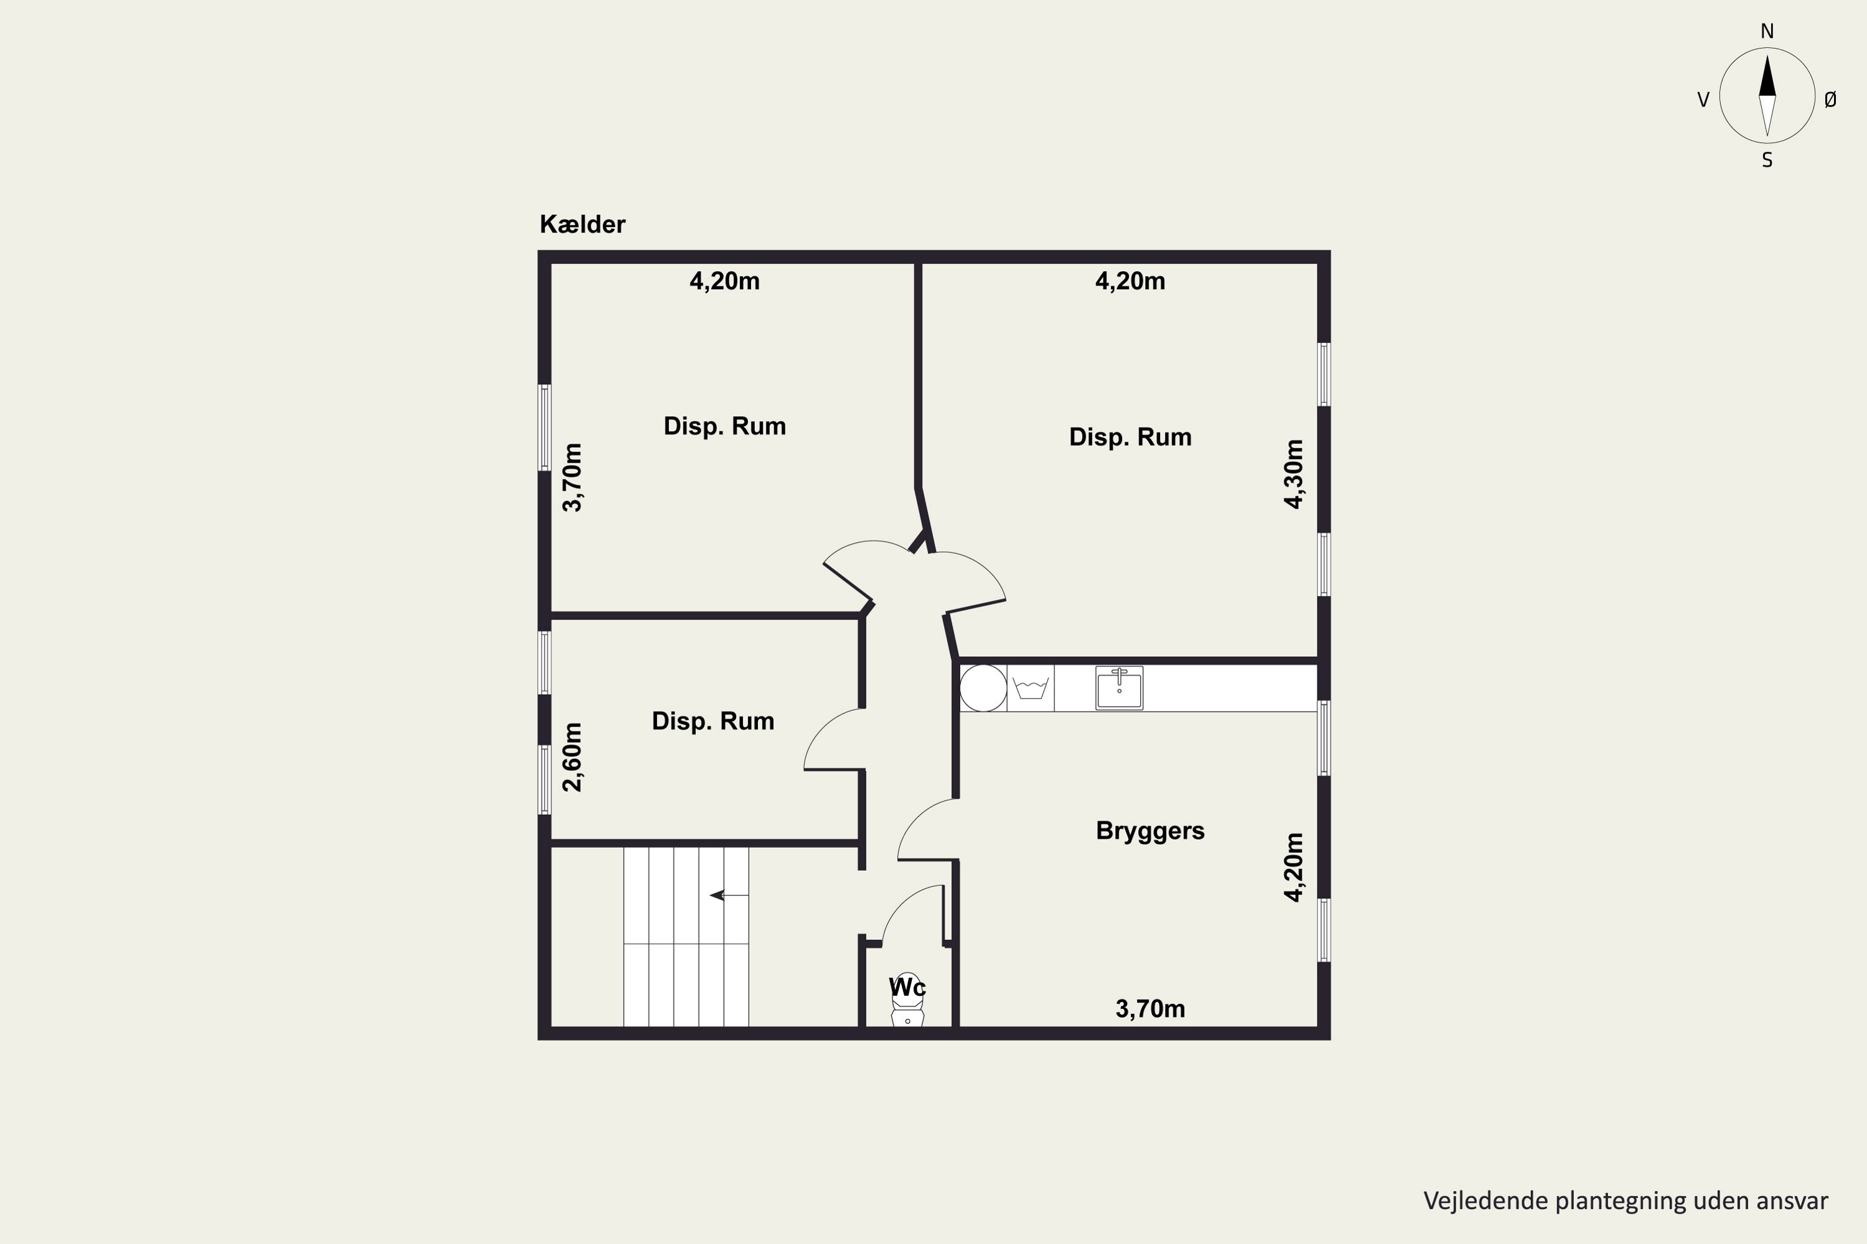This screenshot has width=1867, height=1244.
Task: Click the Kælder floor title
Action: (583, 225)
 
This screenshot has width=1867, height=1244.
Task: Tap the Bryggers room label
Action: (1150, 830)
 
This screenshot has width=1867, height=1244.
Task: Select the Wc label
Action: (907, 988)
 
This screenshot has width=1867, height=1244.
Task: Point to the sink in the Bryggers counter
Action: (1119, 688)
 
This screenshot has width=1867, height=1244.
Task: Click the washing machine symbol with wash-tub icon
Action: (1031, 689)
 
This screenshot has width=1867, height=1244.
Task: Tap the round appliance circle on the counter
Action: (983, 689)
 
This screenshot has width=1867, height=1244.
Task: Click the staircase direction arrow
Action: (729, 896)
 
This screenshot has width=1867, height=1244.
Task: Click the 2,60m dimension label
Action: (573, 757)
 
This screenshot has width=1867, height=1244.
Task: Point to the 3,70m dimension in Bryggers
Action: (1150, 1009)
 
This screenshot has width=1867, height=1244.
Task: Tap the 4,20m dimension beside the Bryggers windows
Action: (1294, 867)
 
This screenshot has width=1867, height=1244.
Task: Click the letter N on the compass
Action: (1767, 32)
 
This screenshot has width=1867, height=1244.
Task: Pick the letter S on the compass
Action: (1767, 160)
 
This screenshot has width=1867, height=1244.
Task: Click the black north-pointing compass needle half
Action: (1767, 76)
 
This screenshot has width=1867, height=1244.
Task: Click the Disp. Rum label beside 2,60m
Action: (713, 721)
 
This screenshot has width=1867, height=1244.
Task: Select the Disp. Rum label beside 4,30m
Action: (1130, 437)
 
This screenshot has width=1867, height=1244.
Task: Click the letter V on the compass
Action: (1703, 100)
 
